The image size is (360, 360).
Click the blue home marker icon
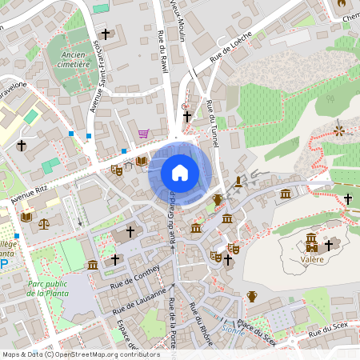point(180,172)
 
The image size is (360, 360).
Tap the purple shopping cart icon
point(143,134)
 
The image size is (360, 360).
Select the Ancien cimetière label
point(73,60)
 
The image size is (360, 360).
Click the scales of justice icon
point(43,223)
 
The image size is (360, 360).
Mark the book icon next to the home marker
point(141,162)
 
